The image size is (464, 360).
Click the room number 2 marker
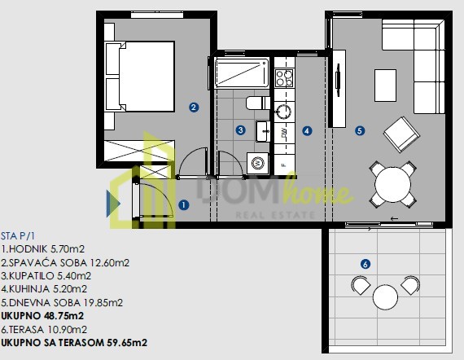[x=194, y=108]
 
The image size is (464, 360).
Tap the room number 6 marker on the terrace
[x=366, y=264]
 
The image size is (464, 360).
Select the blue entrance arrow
[x=113, y=204]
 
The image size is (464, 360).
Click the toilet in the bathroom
[x=258, y=103]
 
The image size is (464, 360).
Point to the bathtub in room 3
[x=242, y=72]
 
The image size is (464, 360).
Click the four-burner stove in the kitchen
[x=284, y=78]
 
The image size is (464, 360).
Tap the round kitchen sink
[x=283, y=112]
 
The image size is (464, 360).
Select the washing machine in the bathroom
[x=257, y=163]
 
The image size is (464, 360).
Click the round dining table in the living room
[x=392, y=184]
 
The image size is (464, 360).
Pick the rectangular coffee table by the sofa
[x=385, y=86]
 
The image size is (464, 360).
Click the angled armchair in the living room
[x=401, y=134]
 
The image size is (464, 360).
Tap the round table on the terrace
[x=385, y=297]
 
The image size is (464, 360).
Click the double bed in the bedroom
[x=140, y=77]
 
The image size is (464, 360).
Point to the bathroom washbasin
[x=263, y=131]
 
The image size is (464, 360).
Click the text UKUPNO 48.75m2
[x=42, y=315]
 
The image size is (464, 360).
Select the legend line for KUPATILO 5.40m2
[x=46, y=275]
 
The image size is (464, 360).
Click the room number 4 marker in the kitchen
[x=307, y=131]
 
